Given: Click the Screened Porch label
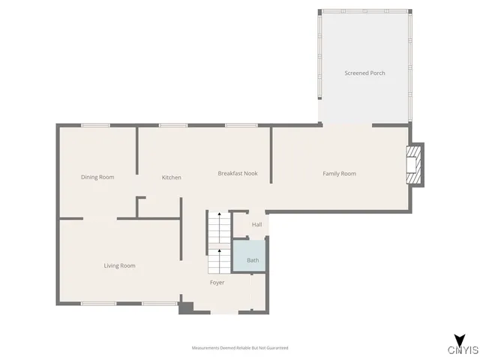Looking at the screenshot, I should pos(364,73).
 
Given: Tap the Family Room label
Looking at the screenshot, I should pos(339,174).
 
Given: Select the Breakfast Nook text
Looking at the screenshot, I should pos(238,173).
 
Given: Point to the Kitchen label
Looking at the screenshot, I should pos(172,178).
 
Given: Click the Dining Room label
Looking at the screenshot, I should pos(97,177).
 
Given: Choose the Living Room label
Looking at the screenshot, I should pos(119,265).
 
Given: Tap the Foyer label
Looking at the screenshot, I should pos(217,283).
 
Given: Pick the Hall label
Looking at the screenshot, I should pos(256,224).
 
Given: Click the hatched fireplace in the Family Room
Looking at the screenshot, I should pos(412,164).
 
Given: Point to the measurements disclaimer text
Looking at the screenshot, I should pos(240,348).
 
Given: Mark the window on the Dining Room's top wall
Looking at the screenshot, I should pos(95,125).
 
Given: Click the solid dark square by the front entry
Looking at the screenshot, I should pos(187,307).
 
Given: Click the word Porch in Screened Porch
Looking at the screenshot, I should pos(377,73).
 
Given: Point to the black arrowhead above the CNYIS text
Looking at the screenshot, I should pos(458,338).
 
